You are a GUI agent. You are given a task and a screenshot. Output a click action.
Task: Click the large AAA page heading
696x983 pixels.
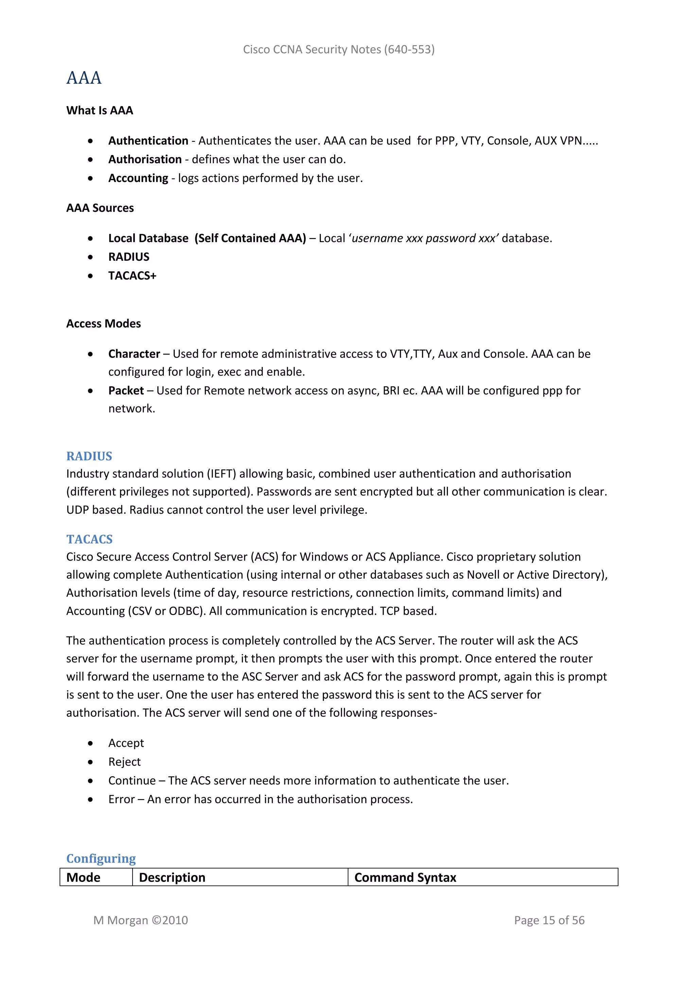coord(84,78)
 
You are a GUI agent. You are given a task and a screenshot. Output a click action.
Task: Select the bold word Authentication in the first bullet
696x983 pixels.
coord(148,141)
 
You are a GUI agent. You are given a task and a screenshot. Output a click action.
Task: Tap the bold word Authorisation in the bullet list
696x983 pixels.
coord(145,160)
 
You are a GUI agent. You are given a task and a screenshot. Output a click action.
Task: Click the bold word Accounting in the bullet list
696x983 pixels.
coord(138,178)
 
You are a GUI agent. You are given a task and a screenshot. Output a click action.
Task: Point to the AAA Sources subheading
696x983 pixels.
coord(100,208)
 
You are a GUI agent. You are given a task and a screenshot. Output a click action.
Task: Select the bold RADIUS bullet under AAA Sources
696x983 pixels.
coord(128,257)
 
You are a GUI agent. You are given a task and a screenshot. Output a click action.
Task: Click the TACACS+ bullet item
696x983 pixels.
coord(132,276)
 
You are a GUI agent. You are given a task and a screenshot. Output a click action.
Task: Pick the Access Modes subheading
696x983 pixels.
coord(103,324)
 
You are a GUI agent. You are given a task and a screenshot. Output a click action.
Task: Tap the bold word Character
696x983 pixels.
coord(134,354)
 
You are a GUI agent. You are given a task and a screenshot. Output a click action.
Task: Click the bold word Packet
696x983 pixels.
coord(126,391)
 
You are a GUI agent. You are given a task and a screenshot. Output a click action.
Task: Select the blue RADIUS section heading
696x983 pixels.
coord(89,457)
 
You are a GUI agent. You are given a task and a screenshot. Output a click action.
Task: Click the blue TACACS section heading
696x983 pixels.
coord(89,539)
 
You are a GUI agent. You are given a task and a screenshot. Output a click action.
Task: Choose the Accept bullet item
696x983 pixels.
coord(126,743)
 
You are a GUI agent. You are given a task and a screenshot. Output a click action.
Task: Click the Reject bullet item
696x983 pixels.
coord(124,762)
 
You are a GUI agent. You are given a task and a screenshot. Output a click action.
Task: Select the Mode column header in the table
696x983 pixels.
coord(83,878)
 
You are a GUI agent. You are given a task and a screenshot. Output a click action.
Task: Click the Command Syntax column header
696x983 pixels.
coord(405,878)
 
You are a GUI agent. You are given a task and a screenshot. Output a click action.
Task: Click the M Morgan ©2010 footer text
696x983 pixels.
coord(141,921)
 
